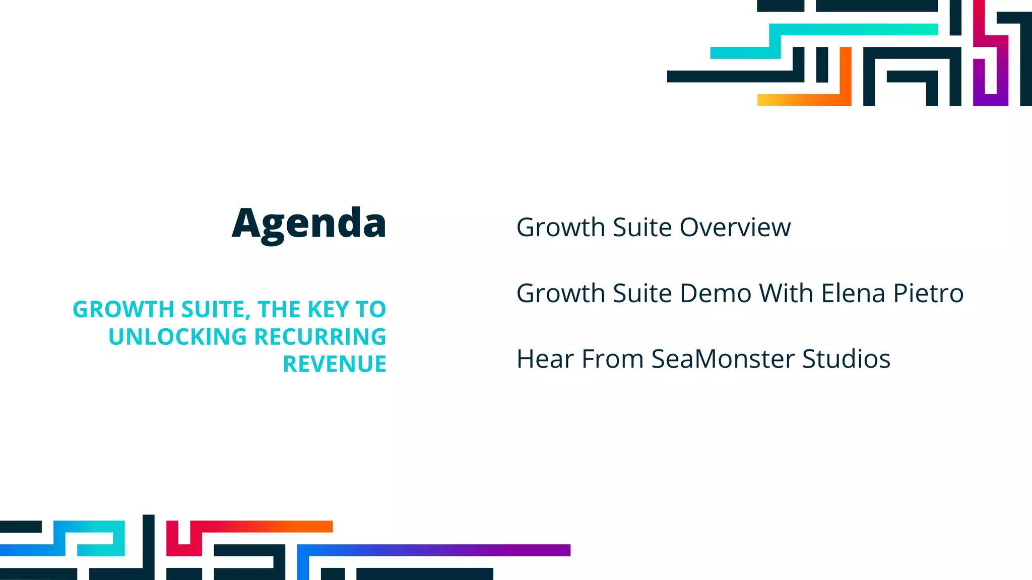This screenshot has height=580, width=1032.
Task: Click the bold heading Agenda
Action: tap(309, 223)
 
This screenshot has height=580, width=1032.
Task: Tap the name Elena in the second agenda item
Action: tap(853, 294)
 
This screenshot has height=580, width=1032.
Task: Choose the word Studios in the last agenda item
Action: tap(846, 359)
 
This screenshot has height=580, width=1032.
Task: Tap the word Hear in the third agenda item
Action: tap(545, 359)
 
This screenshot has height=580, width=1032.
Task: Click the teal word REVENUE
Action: tap(335, 364)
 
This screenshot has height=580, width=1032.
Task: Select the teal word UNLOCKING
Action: tap(177, 337)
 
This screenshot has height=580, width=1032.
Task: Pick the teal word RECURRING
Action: tap(320, 337)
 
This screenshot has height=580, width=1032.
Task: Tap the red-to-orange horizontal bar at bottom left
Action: tap(262, 526)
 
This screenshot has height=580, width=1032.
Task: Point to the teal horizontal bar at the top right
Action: tap(857, 29)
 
